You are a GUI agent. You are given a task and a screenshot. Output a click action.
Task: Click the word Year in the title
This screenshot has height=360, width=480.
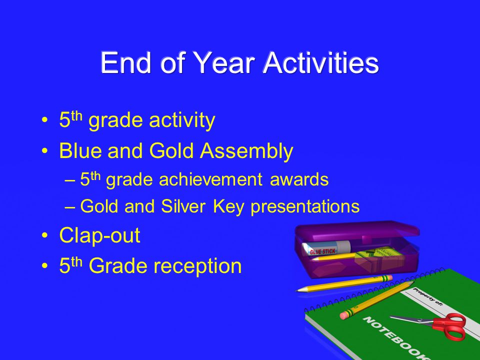[x=224, y=63]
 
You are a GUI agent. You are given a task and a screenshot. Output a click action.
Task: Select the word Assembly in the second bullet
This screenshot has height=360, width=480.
[x=246, y=151]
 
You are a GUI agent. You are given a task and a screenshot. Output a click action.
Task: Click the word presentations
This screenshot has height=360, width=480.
[x=305, y=207]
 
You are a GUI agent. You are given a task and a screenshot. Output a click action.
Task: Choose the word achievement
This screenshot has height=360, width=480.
[x=210, y=179]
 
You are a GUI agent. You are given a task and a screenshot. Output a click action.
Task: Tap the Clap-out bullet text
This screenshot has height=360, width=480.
[x=100, y=235]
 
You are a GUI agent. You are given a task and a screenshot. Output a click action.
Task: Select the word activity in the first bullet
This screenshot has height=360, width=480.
[x=182, y=120]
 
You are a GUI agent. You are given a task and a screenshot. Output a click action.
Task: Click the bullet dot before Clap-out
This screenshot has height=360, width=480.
[x=45, y=236]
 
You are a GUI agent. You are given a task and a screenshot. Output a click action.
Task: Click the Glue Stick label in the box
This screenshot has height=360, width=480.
[x=322, y=251]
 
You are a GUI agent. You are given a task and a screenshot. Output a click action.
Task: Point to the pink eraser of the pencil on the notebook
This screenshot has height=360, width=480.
[x=345, y=315]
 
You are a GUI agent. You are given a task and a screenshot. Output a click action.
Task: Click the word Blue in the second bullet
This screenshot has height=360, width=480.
[x=80, y=150]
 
